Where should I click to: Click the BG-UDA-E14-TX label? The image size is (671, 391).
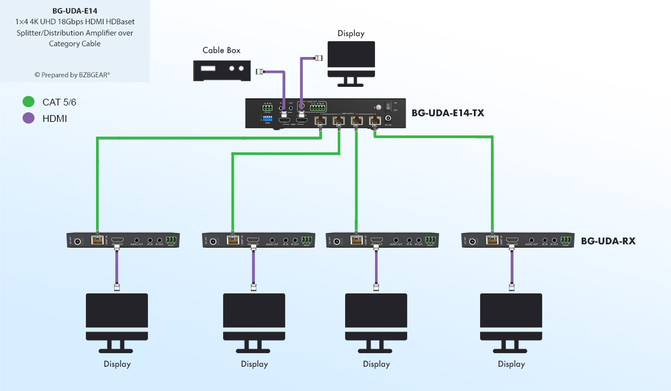pos(447,113)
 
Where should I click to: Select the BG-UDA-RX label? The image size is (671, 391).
pos(608,241)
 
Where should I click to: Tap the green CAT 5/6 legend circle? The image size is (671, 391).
pos(28,102)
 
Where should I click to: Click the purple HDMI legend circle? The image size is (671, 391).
pos(28,118)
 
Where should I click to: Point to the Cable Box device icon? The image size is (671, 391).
pos(221,70)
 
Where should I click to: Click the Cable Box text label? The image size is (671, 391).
pos(221,50)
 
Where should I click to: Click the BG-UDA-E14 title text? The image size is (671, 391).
pos(75,10)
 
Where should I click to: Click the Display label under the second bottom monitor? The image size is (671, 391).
pos(254,364)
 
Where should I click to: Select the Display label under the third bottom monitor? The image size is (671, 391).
pos(376,364)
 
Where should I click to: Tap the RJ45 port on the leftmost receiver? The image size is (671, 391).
pos(97,240)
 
